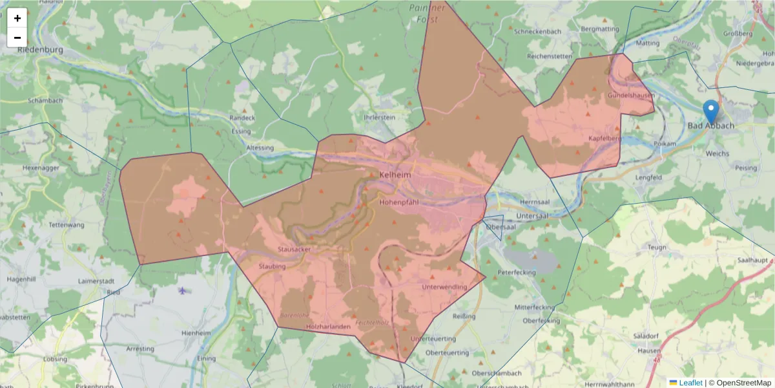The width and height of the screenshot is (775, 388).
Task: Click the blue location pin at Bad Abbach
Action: coord(711,111)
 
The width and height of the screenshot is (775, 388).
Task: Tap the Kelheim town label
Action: coord(394,175)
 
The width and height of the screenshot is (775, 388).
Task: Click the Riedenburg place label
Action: coord(40,50)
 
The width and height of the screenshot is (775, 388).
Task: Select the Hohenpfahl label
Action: coord(399,202)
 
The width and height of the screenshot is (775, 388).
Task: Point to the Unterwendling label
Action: coord(444,286)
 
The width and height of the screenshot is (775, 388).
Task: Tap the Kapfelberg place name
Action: coord(605,138)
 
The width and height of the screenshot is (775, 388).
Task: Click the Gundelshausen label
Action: coord(630,96)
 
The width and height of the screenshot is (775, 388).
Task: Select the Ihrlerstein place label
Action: coord(379,118)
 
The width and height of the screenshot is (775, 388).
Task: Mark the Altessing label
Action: coord(260,148)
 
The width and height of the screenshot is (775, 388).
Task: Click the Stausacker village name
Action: coord(294,249)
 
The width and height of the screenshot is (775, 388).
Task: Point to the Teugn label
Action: coord(656,248)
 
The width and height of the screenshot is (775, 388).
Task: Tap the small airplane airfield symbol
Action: coord(183,290)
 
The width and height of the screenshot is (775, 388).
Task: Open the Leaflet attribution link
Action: coord(690,383)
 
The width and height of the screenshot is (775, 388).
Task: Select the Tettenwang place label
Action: coord(67,225)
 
